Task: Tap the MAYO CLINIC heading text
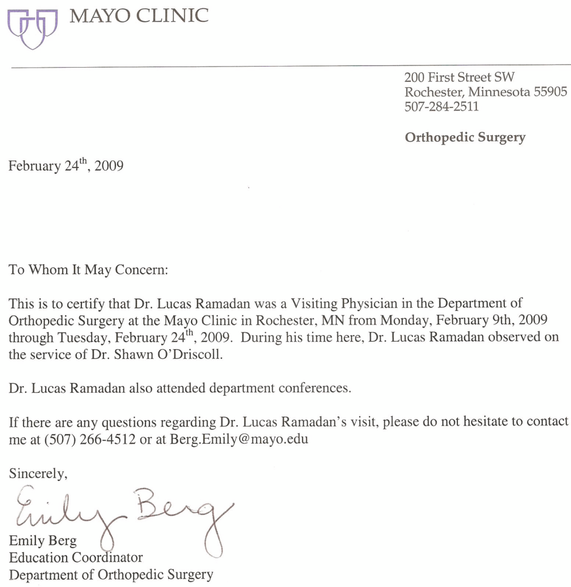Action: click(x=139, y=16)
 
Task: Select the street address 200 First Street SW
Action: click(x=452, y=77)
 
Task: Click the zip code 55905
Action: click(x=550, y=92)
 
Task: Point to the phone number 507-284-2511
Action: click(x=441, y=106)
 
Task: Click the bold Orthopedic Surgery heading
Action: click(x=465, y=138)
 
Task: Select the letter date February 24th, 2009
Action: click(x=65, y=167)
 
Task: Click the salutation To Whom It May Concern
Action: click(x=89, y=270)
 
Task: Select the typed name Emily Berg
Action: click(x=43, y=541)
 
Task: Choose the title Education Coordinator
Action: click(x=76, y=557)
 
